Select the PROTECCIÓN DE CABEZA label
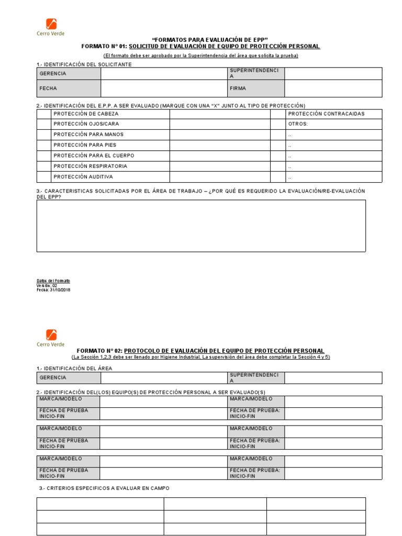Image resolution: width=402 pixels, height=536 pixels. [x=86, y=114]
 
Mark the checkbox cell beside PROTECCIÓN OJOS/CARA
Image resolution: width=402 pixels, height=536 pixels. [x=44, y=124]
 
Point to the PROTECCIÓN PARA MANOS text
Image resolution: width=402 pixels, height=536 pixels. [x=88, y=135]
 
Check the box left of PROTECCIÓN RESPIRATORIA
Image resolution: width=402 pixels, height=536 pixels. [x=44, y=166]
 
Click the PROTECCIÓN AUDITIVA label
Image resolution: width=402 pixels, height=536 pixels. [x=83, y=177]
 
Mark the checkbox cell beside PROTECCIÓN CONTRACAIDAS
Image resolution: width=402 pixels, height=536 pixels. [x=277, y=114]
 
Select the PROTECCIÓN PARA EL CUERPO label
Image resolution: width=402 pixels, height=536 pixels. [x=94, y=155]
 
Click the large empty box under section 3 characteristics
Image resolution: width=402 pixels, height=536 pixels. [x=201, y=226]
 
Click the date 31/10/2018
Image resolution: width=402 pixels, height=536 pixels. [x=58, y=289]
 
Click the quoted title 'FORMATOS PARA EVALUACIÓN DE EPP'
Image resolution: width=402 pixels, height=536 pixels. [x=209, y=40]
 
